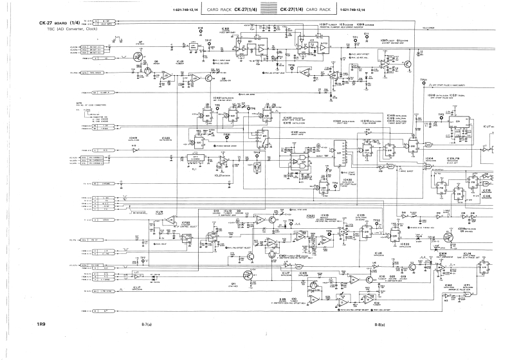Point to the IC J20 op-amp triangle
[x=167, y=75]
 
